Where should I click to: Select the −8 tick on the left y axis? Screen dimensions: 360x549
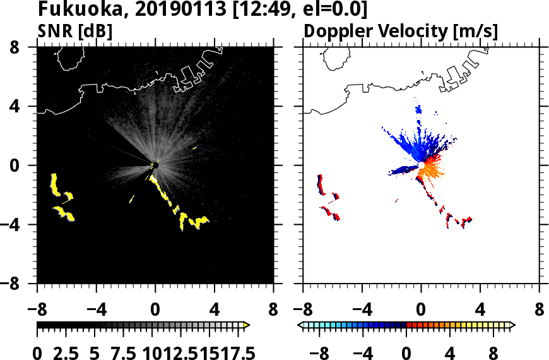(x=16, y=284)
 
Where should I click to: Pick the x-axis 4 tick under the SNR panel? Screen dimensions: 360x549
(x=215, y=311)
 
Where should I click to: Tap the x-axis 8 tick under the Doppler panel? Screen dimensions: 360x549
(x=540, y=311)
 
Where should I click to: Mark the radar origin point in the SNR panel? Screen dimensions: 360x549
(x=155, y=165)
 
